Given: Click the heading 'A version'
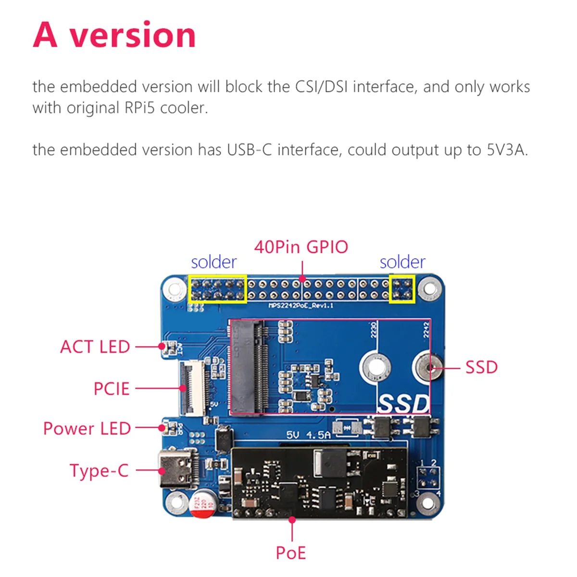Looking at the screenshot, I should [114, 35].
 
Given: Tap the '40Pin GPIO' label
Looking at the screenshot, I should [301, 247].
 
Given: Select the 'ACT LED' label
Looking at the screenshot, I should [95, 347].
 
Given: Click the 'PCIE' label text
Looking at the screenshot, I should [112, 389].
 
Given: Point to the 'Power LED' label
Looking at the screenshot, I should [87, 428].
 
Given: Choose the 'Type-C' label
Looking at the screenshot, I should [99, 470].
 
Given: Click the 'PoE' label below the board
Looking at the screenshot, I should [290, 553].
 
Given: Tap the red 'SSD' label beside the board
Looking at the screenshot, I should [481, 367].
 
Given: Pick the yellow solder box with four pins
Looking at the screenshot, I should [401, 289].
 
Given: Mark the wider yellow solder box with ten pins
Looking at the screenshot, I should [217, 289].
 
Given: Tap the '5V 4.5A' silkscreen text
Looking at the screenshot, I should [308, 435].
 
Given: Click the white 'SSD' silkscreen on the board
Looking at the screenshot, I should [403, 403].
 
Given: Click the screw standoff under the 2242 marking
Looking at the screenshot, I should [428, 367].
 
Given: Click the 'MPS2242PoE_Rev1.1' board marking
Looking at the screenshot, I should [301, 306].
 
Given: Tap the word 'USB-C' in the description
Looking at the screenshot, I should [250, 150].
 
